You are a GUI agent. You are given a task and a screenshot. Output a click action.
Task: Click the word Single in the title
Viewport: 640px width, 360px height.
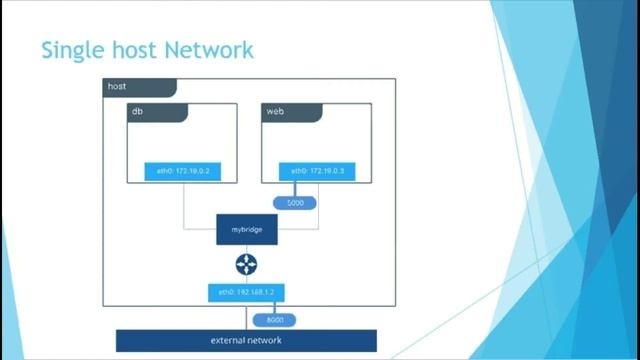pyautogui.click(x=68, y=49)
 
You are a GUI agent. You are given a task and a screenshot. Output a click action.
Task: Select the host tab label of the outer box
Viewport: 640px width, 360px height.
pyautogui.click(x=118, y=87)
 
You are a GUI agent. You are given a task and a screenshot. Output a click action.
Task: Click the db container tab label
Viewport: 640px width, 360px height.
pyautogui.click(x=137, y=111)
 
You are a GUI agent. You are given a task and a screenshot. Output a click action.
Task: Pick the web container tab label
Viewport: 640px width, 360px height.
pyautogui.click(x=275, y=111)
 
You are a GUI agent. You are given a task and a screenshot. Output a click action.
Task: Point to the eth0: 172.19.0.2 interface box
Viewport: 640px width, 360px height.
pyautogui.click(x=183, y=171)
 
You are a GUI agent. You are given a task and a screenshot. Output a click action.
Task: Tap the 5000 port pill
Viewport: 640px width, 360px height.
pyautogui.click(x=295, y=203)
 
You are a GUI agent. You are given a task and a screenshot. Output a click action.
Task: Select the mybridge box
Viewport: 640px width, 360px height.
pyautogui.click(x=246, y=229)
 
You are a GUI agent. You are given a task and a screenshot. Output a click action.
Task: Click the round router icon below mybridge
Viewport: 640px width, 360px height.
pyautogui.click(x=246, y=264)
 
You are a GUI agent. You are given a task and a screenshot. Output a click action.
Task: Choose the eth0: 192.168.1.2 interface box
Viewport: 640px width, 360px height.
pyautogui.click(x=246, y=293)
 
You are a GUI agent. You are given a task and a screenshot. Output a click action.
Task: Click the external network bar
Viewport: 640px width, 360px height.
pyautogui.click(x=246, y=341)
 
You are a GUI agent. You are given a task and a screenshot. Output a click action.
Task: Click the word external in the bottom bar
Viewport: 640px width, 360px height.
pyautogui.click(x=227, y=341)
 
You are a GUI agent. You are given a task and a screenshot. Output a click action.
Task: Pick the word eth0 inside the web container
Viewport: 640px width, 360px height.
pyautogui.click(x=298, y=171)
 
